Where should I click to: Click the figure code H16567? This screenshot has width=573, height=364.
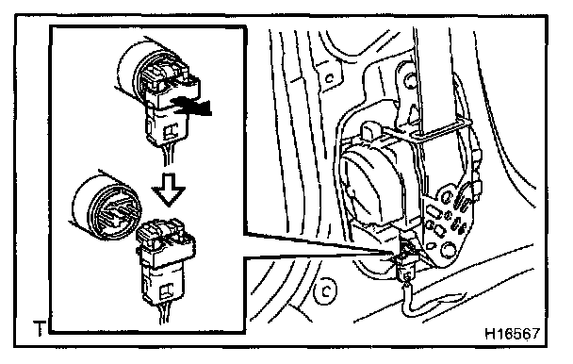(512, 333)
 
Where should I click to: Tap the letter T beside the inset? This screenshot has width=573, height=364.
(39, 328)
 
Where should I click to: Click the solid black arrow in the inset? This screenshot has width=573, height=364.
(192, 107)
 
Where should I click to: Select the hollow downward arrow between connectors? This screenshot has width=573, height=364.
(169, 190)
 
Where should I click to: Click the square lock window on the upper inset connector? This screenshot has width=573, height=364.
(171, 132)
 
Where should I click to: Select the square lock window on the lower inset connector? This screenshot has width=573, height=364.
(168, 291)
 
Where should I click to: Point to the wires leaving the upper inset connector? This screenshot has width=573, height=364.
(167, 156)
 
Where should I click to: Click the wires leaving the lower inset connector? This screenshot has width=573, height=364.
(163, 314)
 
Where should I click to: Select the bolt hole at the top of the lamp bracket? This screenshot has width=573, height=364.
(410, 80)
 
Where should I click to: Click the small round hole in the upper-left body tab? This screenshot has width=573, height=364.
(329, 78)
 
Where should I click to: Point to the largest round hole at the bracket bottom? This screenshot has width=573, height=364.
(447, 250)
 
